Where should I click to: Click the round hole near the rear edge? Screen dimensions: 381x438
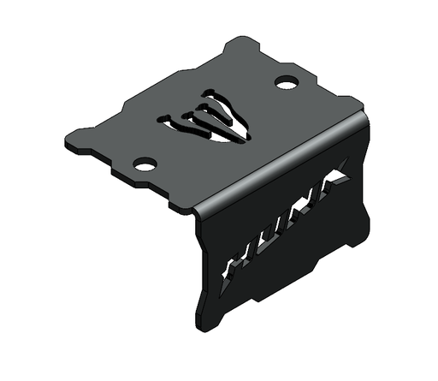click(x=287, y=83)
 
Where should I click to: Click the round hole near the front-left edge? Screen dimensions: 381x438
click(x=145, y=163)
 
